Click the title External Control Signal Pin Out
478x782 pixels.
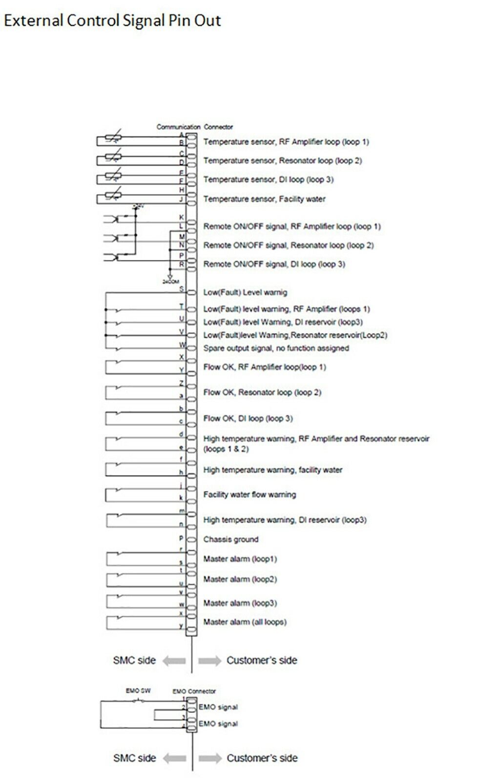tap(112, 21)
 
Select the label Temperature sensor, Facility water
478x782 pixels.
tap(264, 199)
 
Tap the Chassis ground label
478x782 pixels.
tap(230, 540)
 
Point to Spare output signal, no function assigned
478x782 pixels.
tap(276, 348)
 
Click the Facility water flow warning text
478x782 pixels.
tap(249, 495)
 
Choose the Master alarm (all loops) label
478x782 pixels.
tap(245, 622)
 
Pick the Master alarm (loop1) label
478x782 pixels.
tap(240, 559)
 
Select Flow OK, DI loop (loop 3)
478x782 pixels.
tap(248, 418)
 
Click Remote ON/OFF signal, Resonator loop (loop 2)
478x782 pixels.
tap(288, 245)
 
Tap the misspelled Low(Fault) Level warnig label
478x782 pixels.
tap(245, 293)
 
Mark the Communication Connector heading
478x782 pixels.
tap(194, 127)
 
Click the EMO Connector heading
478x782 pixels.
tap(194, 692)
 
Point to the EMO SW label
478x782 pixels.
tap(138, 691)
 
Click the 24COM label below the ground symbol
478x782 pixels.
tap(171, 282)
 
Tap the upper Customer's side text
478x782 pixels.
tap(262, 661)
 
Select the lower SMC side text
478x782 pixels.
tap(134, 758)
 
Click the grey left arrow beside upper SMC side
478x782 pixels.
tap(174, 661)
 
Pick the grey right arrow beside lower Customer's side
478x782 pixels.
tap(210, 759)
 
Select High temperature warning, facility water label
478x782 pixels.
tap(272, 470)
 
